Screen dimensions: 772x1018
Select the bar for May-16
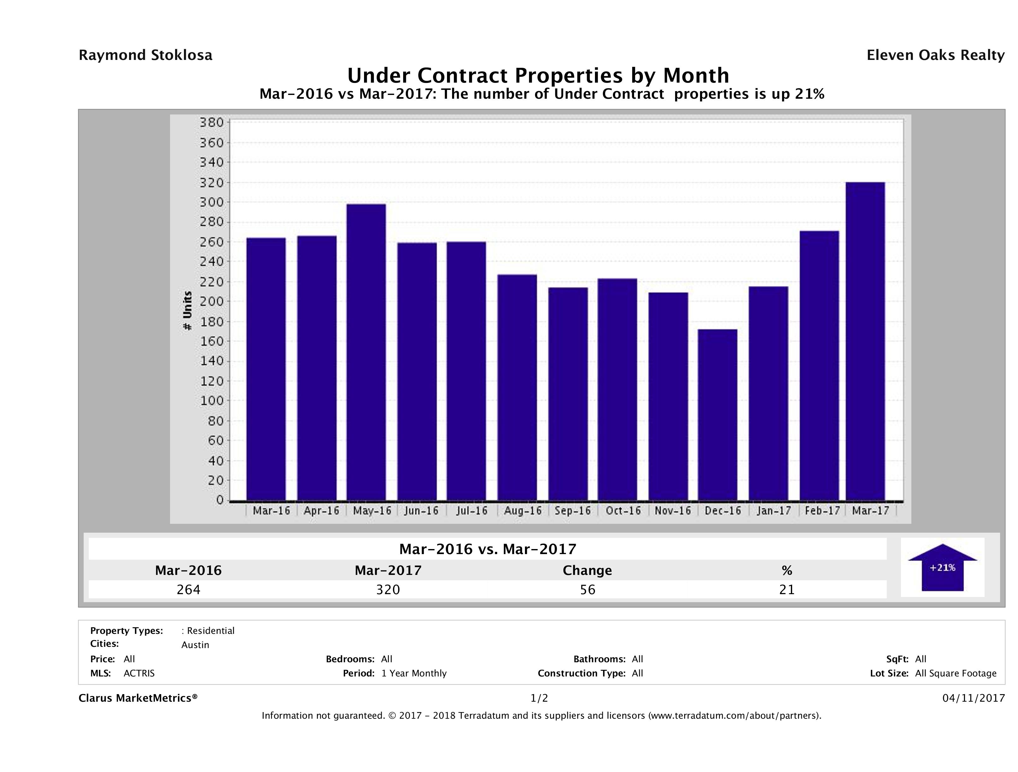[366, 352]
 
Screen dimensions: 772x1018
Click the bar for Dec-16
[717, 414]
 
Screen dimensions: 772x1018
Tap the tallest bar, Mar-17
[865, 341]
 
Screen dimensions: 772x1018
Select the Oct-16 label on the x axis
[623, 511]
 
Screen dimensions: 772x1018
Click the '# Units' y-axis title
[187, 311]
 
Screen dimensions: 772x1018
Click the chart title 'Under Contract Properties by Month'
[538, 75]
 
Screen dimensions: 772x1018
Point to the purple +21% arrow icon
[942, 567]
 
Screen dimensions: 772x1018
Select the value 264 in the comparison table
[188, 589]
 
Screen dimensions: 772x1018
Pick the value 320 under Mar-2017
[388, 589]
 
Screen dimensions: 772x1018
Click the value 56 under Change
[588, 589]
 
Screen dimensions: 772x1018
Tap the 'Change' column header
[587, 570]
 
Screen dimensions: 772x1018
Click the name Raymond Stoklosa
[145, 55]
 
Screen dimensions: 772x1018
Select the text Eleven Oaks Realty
[935, 55]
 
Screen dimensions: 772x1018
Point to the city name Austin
[195, 645]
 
